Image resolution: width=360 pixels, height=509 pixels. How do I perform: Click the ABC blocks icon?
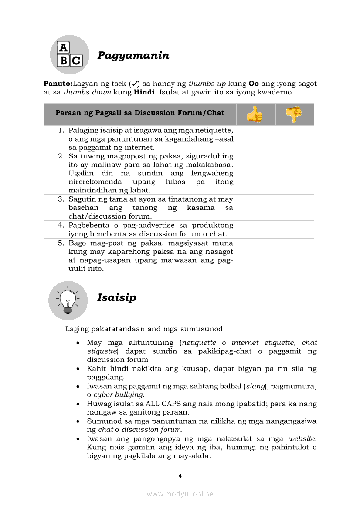click(x=70, y=54)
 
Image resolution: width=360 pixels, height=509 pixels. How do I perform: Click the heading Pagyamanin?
click(x=133, y=56)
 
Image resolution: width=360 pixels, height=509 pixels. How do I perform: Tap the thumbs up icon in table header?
click(x=255, y=115)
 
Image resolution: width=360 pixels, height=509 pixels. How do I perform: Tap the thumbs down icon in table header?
click(x=294, y=115)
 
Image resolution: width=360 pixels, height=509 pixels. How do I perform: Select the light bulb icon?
click(x=68, y=300)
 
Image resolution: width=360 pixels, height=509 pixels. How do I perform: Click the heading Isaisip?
click(x=116, y=298)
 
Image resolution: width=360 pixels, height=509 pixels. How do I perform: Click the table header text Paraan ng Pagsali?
click(x=140, y=113)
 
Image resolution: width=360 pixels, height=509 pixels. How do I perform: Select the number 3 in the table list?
click(x=61, y=199)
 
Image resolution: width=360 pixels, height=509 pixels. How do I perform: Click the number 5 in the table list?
click(x=61, y=243)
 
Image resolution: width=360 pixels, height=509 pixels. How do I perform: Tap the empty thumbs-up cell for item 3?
click(x=256, y=207)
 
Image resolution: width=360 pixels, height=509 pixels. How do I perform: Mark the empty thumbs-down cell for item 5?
click(x=294, y=255)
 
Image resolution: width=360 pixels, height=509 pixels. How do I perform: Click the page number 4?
click(x=180, y=476)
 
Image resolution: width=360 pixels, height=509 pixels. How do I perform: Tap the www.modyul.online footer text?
click(x=180, y=494)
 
